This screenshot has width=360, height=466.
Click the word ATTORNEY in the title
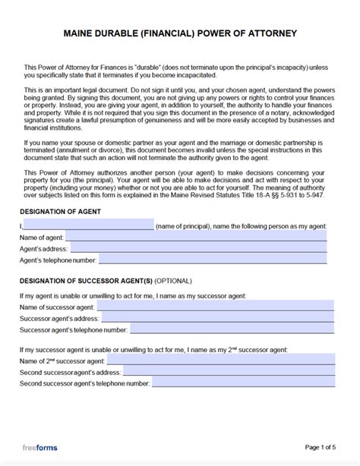(270, 33)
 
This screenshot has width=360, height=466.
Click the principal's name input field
(89, 225)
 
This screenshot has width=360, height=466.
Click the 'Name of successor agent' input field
(215, 306)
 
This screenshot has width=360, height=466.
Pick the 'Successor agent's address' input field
(219, 318)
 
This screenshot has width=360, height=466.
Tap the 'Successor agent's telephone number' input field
(232, 329)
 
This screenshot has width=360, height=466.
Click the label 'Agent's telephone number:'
(58, 260)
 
